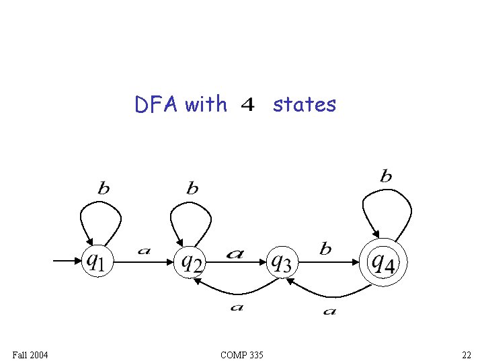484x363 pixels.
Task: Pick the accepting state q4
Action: tap(383, 261)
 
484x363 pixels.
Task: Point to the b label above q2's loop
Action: tap(192, 188)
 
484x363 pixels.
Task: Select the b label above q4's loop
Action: tap(386, 176)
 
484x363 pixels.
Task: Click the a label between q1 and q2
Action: tap(144, 251)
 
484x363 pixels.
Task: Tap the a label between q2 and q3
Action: tap(235, 253)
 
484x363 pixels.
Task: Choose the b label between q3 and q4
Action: tap(325, 249)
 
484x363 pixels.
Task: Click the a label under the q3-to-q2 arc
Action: tap(236, 307)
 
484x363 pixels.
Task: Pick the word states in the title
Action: tap(304, 104)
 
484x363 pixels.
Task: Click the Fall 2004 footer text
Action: tap(30, 354)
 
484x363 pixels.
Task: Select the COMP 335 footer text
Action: tap(241, 354)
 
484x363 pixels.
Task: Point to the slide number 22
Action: tap(466, 354)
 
